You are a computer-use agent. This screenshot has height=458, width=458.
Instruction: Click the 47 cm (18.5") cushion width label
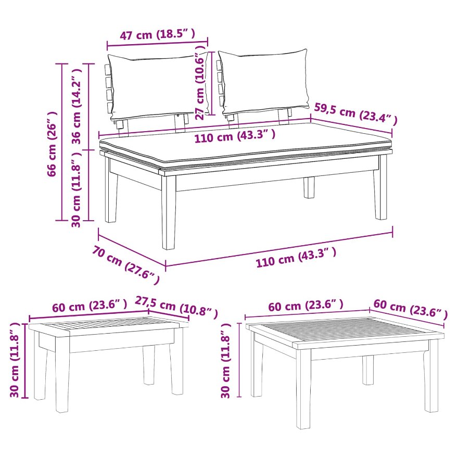157,35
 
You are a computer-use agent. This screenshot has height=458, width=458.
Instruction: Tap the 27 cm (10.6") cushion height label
201,82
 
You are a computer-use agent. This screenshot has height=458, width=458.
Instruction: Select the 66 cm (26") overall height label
52,144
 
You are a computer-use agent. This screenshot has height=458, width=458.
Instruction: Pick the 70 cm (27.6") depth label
126,264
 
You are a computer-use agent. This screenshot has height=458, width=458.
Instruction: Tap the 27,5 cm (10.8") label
176,307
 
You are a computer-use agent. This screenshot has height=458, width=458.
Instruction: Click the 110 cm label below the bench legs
296,257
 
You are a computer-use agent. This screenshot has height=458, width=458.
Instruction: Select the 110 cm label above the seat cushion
235,136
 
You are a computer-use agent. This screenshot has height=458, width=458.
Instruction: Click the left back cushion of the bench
159,86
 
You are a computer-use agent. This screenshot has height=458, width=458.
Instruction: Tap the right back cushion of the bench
264,82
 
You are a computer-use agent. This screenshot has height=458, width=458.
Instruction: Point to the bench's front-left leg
169,211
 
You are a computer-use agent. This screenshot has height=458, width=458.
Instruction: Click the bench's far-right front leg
380,187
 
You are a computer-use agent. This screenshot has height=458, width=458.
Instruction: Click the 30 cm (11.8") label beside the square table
225,361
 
